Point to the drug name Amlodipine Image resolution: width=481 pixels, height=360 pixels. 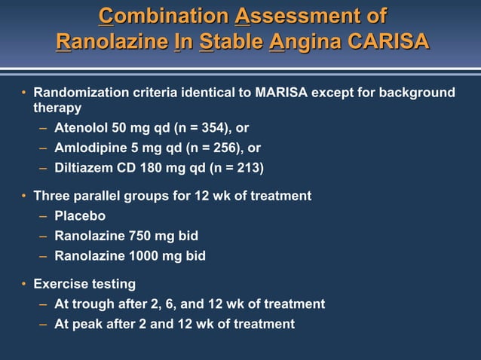(90, 148)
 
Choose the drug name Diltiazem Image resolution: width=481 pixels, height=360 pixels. (85, 167)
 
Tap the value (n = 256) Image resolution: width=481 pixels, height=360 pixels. (204, 148)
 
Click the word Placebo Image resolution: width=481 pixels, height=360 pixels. (80, 216)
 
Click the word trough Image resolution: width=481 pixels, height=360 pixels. (92, 304)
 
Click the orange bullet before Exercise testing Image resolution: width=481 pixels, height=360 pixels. (24, 284)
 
